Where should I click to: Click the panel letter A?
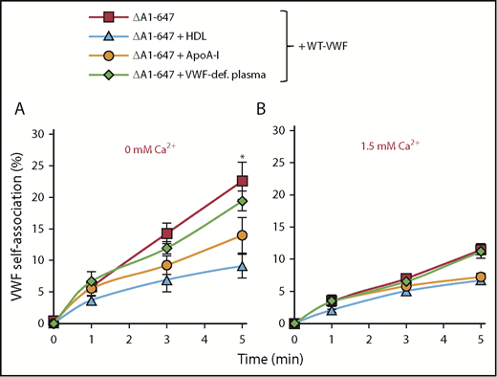click(x=19, y=110)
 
